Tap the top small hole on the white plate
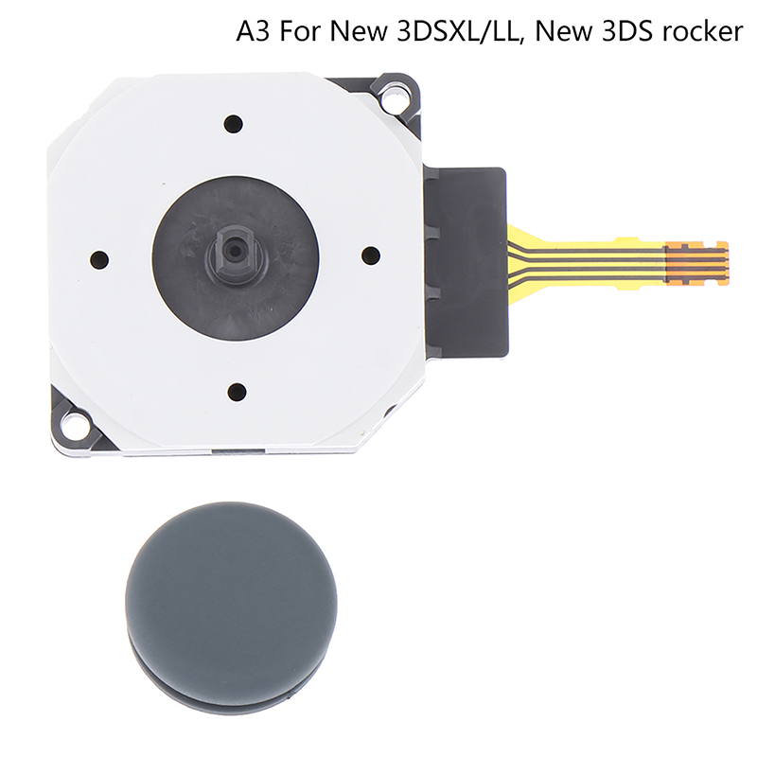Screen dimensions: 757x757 tap(233, 124)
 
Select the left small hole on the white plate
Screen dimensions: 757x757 tap(99, 259)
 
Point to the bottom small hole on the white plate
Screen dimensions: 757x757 tap(237, 390)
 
